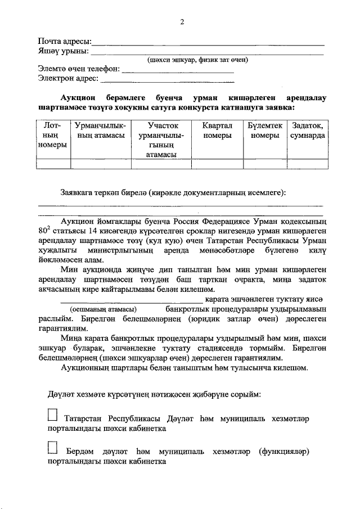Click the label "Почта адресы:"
(x=64, y=42)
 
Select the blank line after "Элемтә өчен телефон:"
(x=178, y=70)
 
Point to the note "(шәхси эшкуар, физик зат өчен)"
(x=197, y=60)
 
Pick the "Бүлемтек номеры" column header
(x=264, y=131)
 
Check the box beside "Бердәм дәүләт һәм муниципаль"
(x=53, y=448)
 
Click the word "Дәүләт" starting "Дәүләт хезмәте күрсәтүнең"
(x=61, y=394)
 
